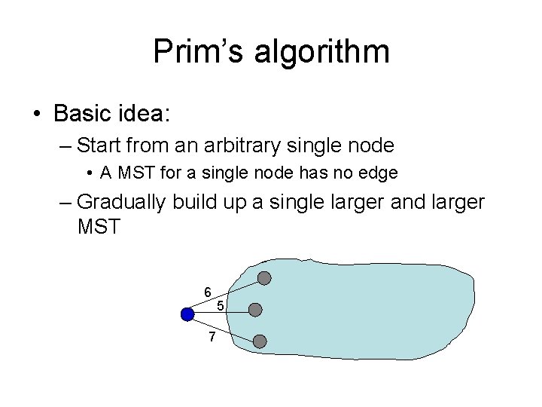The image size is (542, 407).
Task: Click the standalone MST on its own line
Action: pos(98,225)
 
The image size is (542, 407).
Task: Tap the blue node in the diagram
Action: pos(188,314)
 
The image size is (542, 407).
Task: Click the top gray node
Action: pos(264,278)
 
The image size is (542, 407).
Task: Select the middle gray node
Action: pos(255,310)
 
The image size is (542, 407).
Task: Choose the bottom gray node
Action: pos(259,341)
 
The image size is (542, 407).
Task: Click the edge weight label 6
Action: pos(207,292)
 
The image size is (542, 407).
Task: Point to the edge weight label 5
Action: pos(220,306)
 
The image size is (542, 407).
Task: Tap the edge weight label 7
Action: pos(212,336)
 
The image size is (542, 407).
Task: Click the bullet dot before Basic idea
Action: pos(37,115)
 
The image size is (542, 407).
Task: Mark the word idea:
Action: pos(145,114)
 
